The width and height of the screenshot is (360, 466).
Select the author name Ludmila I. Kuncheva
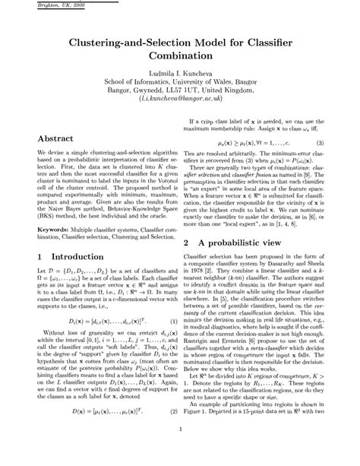point(179,74)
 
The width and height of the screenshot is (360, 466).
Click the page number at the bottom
point(179,449)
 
